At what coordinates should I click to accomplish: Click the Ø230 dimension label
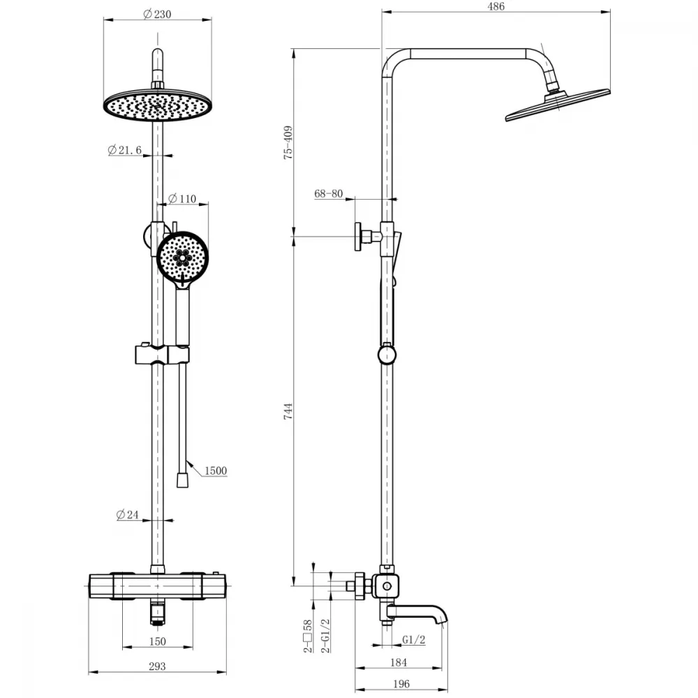pyautogui.click(x=157, y=14)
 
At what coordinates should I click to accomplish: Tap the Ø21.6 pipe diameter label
pyautogui.click(x=125, y=150)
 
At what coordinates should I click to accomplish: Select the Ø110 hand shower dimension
pyautogui.click(x=182, y=198)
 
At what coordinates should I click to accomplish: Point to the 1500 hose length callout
pyautogui.click(x=216, y=470)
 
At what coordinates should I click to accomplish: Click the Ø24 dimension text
pyautogui.click(x=127, y=514)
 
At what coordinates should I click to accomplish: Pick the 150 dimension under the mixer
pyautogui.click(x=158, y=641)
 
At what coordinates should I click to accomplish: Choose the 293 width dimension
pyautogui.click(x=157, y=667)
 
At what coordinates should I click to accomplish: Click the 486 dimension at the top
pyautogui.click(x=496, y=6)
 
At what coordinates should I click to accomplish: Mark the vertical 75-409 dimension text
pyautogui.click(x=288, y=142)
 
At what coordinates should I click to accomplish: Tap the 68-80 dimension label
pyautogui.click(x=329, y=193)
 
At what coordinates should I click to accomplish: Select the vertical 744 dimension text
pyautogui.click(x=288, y=411)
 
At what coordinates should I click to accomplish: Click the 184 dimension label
pyautogui.click(x=399, y=662)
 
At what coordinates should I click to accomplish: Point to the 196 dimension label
pyautogui.click(x=401, y=684)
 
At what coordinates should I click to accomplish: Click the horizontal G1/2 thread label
pyautogui.click(x=413, y=639)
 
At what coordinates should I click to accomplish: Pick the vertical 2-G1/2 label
pyautogui.click(x=326, y=636)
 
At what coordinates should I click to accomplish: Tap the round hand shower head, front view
pyautogui.click(x=182, y=257)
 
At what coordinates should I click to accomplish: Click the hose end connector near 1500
pyautogui.click(x=182, y=480)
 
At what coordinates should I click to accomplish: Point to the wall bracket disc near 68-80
pyautogui.click(x=358, y=237)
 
